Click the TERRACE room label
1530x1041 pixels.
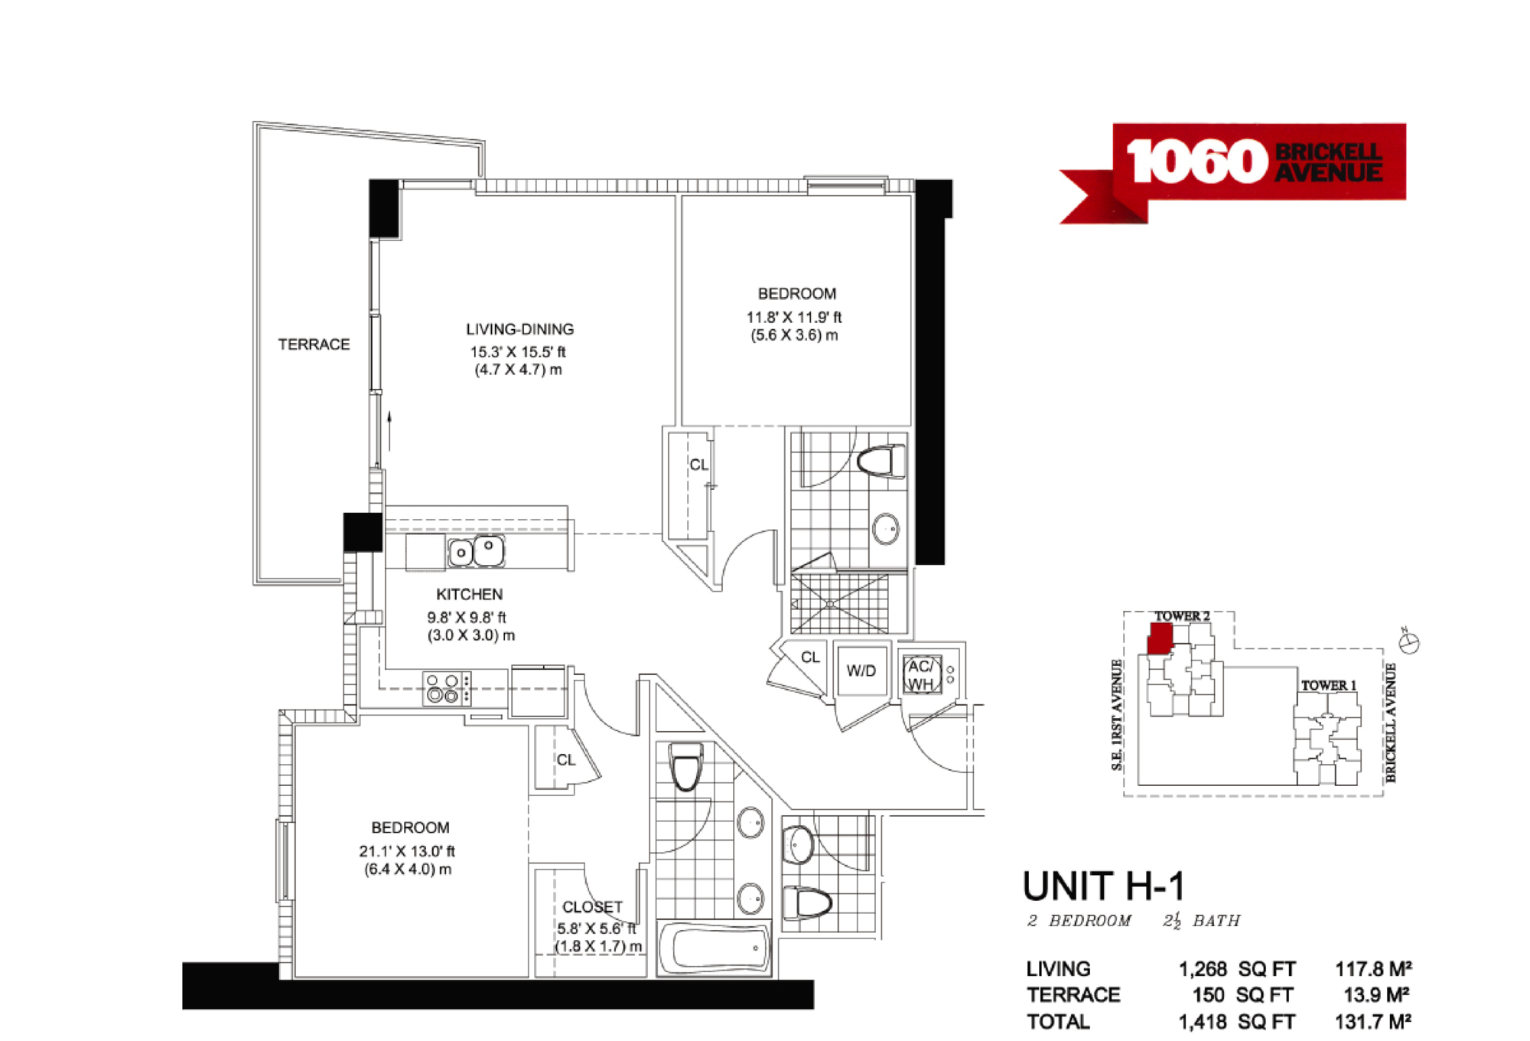pyautogui.click(x=314, y=344)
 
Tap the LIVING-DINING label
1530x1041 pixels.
pyautogui.click(x=520, y=329)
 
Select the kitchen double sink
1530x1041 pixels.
pyautogui.click(x=476, y=551)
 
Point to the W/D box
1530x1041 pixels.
pyautogui.click(x=861, y=671)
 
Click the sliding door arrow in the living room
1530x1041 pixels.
pyautogui.click(x=389, y=431)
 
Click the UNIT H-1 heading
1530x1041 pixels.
pyautogui.click(x=1104, y=886)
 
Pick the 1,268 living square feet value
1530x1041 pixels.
pyautogui.click(x=1203, y=969)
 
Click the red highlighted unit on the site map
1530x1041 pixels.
pyautogui.click(x=1161, y=638)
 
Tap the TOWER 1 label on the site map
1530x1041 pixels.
pyautogui.click(x=1329, y=685)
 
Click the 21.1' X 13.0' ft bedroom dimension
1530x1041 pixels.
pyautogui.click(x=407, y=851)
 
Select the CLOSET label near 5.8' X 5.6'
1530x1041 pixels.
pyautogui.click(x=592, y=907)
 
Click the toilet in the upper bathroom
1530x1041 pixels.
pyautogui.click(x=881, y=462)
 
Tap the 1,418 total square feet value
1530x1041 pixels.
pyautogui.click(x=1203, y=1022)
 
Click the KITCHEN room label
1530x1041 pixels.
pyautogui.click(x=470, y=595)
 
